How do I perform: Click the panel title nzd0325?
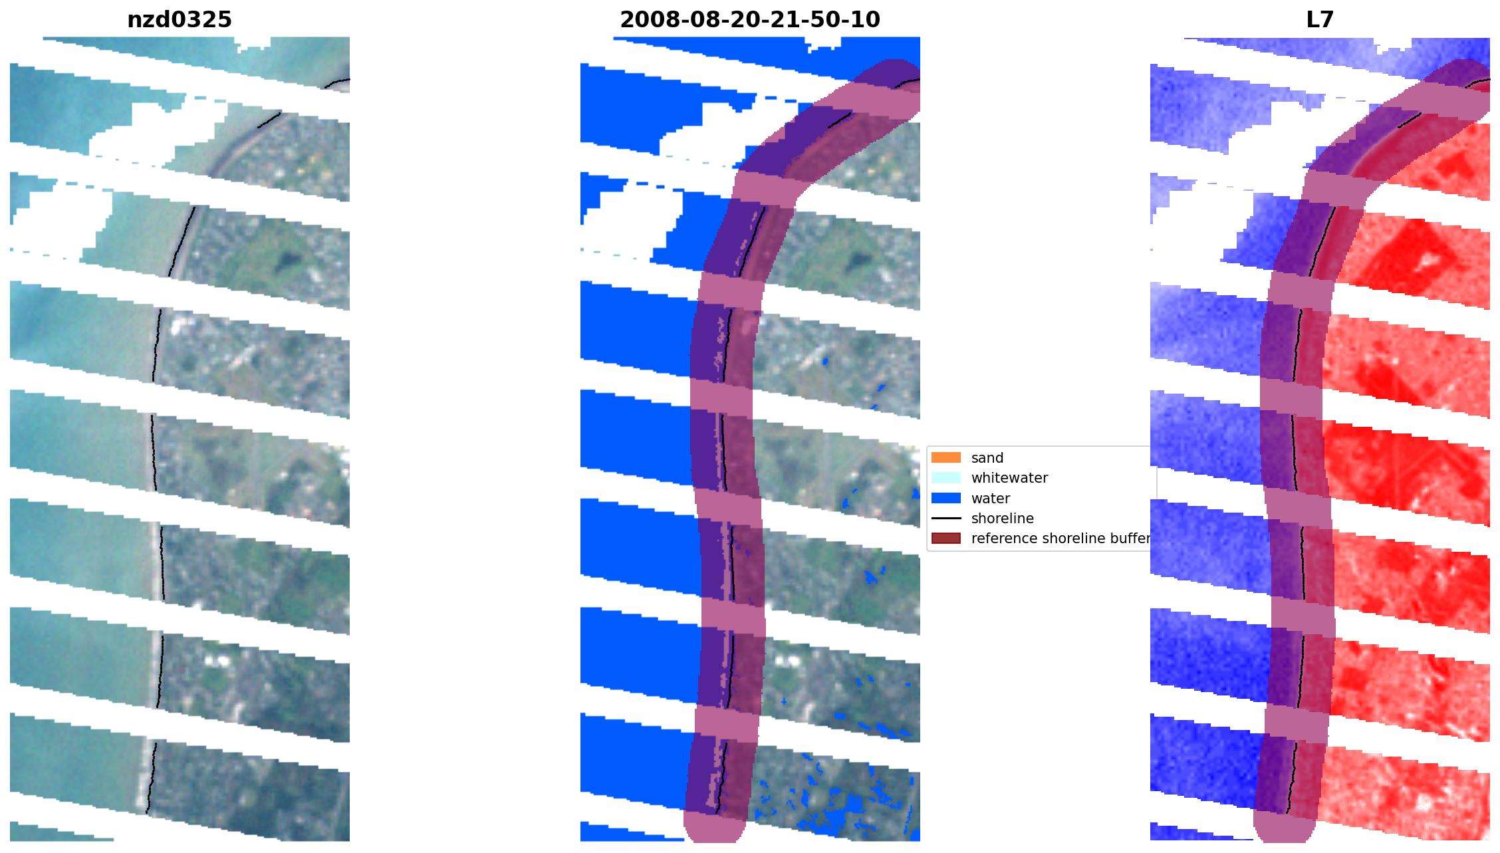(180, 20)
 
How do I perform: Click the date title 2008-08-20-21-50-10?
(749, 20)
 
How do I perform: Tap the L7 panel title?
(1320, 20)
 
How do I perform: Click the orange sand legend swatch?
(945, 457)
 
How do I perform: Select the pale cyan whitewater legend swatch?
(945, 477)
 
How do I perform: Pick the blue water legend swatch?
(945, 498)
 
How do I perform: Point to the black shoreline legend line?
(945, 518)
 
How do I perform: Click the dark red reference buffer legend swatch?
(945, 538)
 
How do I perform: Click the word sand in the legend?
(987, 457)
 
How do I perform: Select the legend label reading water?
(991, 498)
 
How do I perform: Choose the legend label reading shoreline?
(1003, 518)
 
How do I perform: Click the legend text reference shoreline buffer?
(1060, 538)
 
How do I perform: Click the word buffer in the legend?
(1130, 538)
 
